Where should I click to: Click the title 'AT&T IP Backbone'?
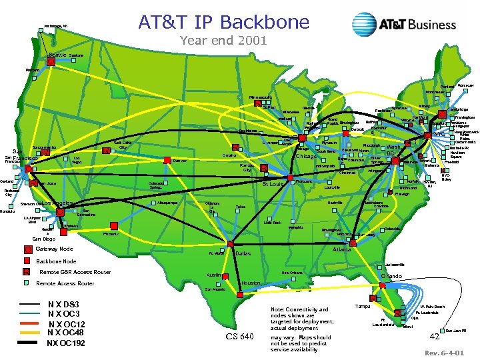[x=223, y=22]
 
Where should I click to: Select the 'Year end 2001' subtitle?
[x=223, y=41]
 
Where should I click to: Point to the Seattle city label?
[x=58, y=55]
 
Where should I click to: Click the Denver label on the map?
[x=179, y=161]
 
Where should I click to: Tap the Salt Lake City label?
[x=124, y=145]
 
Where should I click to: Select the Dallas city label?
[x=243, y=254]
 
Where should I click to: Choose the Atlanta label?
[x=342, y=249]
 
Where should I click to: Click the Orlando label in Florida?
[x=391, y=275]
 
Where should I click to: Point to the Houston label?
[x=250, y=283]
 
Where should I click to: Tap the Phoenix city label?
[x=111, y=235]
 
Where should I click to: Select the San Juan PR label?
[x=455, y=331]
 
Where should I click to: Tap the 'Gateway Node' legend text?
[x=57, y=249]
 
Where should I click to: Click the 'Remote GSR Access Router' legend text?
[x=75, y=272]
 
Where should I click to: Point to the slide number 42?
[x=434, y=337]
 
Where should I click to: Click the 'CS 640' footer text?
[x=240, y=337]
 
